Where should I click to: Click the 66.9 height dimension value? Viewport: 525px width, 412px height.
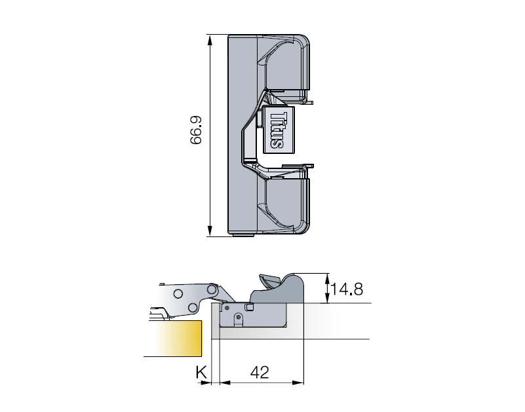195,130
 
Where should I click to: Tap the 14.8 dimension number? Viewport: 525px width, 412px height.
347,289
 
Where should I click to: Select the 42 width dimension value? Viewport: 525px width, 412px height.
260,372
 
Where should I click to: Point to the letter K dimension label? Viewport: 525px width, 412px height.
201,372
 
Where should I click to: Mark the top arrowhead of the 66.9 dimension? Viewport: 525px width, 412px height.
210,41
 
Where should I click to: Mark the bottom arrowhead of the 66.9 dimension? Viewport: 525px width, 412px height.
210,231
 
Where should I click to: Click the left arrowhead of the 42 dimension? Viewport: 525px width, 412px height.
225,383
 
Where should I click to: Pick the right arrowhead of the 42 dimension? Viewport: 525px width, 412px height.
298,383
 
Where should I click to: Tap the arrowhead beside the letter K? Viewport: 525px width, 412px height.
206,383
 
